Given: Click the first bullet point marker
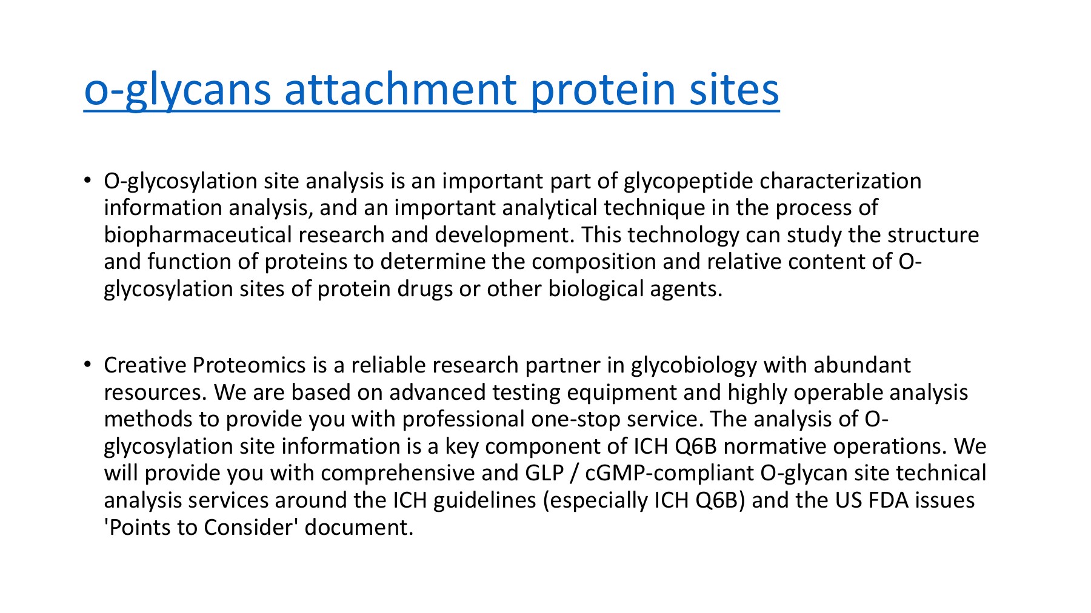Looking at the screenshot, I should pyautogui.click(x=88, y=181).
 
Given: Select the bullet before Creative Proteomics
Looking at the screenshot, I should pyautogui.click(x=88, y=365).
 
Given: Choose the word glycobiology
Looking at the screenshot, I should pyautogui.click(x=694, y=365).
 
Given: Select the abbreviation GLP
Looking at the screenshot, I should pyautogui.click(x=544, y=473).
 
